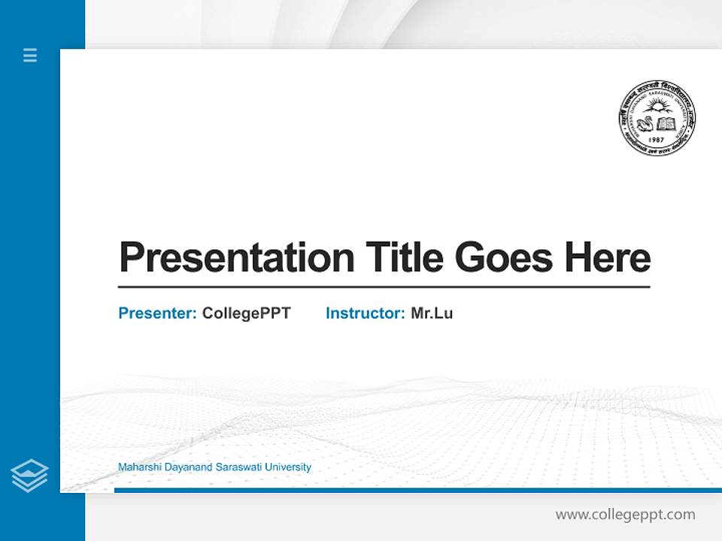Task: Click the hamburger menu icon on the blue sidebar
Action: pos(30,55)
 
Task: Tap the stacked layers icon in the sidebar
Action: pos(29,476)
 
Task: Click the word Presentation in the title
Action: pos(237,258)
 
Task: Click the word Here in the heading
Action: pos(608,258)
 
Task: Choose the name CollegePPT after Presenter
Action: pos(247,313)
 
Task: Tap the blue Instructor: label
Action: pos(366,313)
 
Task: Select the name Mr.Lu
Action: pos(432,313)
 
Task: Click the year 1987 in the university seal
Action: pos(657,141)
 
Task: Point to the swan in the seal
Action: pos(645,121)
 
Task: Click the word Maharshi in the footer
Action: pos(138,467)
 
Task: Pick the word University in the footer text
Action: pos(285,467)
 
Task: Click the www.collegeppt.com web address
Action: pos(625,515)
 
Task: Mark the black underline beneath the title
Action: pos(384,287)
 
